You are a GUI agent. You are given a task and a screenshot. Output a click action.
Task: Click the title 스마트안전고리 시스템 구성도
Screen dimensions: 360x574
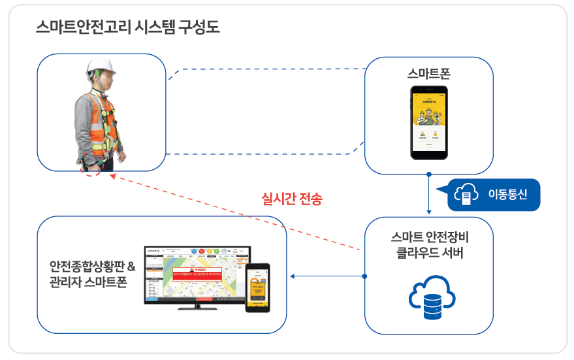[128, 27]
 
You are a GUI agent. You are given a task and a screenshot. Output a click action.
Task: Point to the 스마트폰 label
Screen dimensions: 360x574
[428, 73]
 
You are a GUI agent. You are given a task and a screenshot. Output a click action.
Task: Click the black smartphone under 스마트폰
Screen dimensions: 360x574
[428, 122]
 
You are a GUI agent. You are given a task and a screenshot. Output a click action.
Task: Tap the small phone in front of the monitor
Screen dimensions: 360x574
[257, 287]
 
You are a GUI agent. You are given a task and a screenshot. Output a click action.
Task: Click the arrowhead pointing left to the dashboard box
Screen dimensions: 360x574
[292, 276]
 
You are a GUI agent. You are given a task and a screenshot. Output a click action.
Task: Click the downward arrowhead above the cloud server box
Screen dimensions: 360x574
[428, 212]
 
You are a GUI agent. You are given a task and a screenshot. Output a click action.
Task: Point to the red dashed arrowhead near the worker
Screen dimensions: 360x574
[113, 176]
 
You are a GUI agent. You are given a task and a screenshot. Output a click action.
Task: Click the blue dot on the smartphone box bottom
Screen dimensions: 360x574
[428, 174]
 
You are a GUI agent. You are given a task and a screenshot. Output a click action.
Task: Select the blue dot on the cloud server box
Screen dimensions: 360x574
[364, 276]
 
